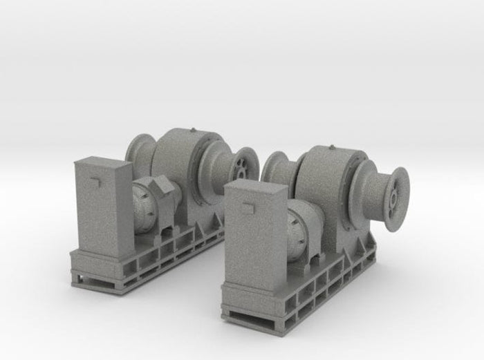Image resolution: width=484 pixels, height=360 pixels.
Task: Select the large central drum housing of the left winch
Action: click(181, 166)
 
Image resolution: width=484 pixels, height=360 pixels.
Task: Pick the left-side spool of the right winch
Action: click(277, 169)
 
